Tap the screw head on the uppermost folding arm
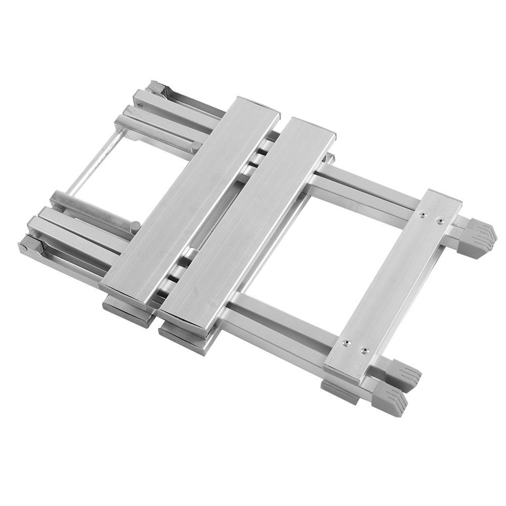point(140,105)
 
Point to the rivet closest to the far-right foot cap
point(439,221)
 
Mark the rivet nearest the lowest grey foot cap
point(364,350)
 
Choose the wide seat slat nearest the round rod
point(191,200)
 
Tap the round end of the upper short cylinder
point(196,147)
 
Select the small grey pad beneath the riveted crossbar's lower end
point(339,392)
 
